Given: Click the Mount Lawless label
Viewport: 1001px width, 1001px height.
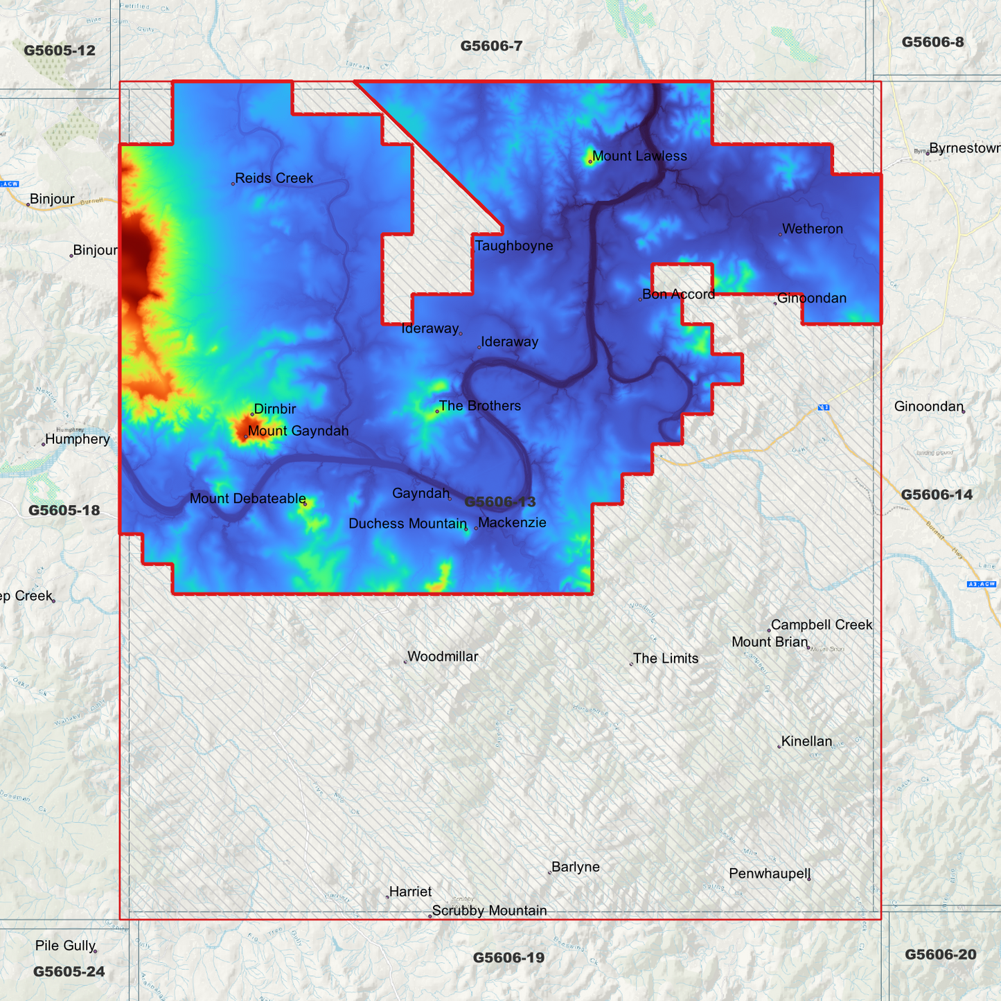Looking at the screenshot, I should click(639, 157).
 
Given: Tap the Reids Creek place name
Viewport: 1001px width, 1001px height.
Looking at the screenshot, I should click(274, 179).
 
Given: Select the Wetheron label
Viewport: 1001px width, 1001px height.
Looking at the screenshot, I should click(812, 229).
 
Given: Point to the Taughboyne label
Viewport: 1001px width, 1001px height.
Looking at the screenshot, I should click(514, 246).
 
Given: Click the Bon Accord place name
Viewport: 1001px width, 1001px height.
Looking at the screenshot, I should click(678, 294).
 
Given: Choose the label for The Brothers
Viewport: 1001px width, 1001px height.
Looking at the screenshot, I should click(479, 406).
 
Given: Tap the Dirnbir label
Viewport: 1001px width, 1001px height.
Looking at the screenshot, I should click(275, 409).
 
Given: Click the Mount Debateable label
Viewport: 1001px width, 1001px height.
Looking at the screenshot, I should click(247, 499).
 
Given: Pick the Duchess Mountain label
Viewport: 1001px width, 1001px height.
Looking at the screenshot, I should click(407, 524).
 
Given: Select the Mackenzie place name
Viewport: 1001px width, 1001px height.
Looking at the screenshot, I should click(512, 523).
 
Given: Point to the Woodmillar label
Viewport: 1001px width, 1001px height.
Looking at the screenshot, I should click(443, 657).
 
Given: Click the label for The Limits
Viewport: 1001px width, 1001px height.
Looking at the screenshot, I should click(666, 659).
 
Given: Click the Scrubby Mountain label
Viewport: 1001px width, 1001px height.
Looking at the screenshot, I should click(489, 911).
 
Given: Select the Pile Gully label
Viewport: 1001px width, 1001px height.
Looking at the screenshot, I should click(65, 946).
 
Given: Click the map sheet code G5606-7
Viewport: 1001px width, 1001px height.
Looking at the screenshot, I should click(491, 46).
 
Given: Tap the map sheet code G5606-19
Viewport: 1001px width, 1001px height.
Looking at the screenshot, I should click(508, 958).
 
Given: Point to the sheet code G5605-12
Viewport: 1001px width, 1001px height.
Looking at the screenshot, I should click(60, 51).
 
